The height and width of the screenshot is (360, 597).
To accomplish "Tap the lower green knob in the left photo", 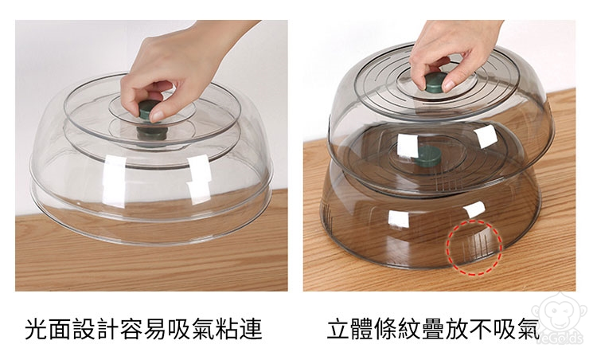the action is (152, 132).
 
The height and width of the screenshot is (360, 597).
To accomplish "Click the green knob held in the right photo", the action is (436, 83).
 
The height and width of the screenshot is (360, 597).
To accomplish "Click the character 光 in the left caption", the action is (37, 329).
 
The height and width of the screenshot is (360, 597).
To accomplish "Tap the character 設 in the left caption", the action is (84, 329).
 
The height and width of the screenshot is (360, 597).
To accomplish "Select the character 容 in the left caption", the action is (131, 329).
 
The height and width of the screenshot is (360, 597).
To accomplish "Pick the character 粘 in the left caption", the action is (227, 329).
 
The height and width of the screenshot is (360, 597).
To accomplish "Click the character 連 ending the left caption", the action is (251, 329).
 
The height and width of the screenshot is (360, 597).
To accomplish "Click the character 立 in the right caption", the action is (338, 329).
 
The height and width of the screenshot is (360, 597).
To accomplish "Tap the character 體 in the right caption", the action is (362, 329).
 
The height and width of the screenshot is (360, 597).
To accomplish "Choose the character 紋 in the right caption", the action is (410, 329).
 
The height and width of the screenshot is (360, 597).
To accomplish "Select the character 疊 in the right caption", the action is (434, 329).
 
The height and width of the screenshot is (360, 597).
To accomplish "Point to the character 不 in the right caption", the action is (482, 329).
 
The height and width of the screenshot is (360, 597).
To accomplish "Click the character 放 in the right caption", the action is (458, 329).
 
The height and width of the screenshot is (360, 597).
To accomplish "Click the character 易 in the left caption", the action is (156, 329).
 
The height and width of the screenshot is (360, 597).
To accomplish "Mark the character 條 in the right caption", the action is (386, 329).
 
